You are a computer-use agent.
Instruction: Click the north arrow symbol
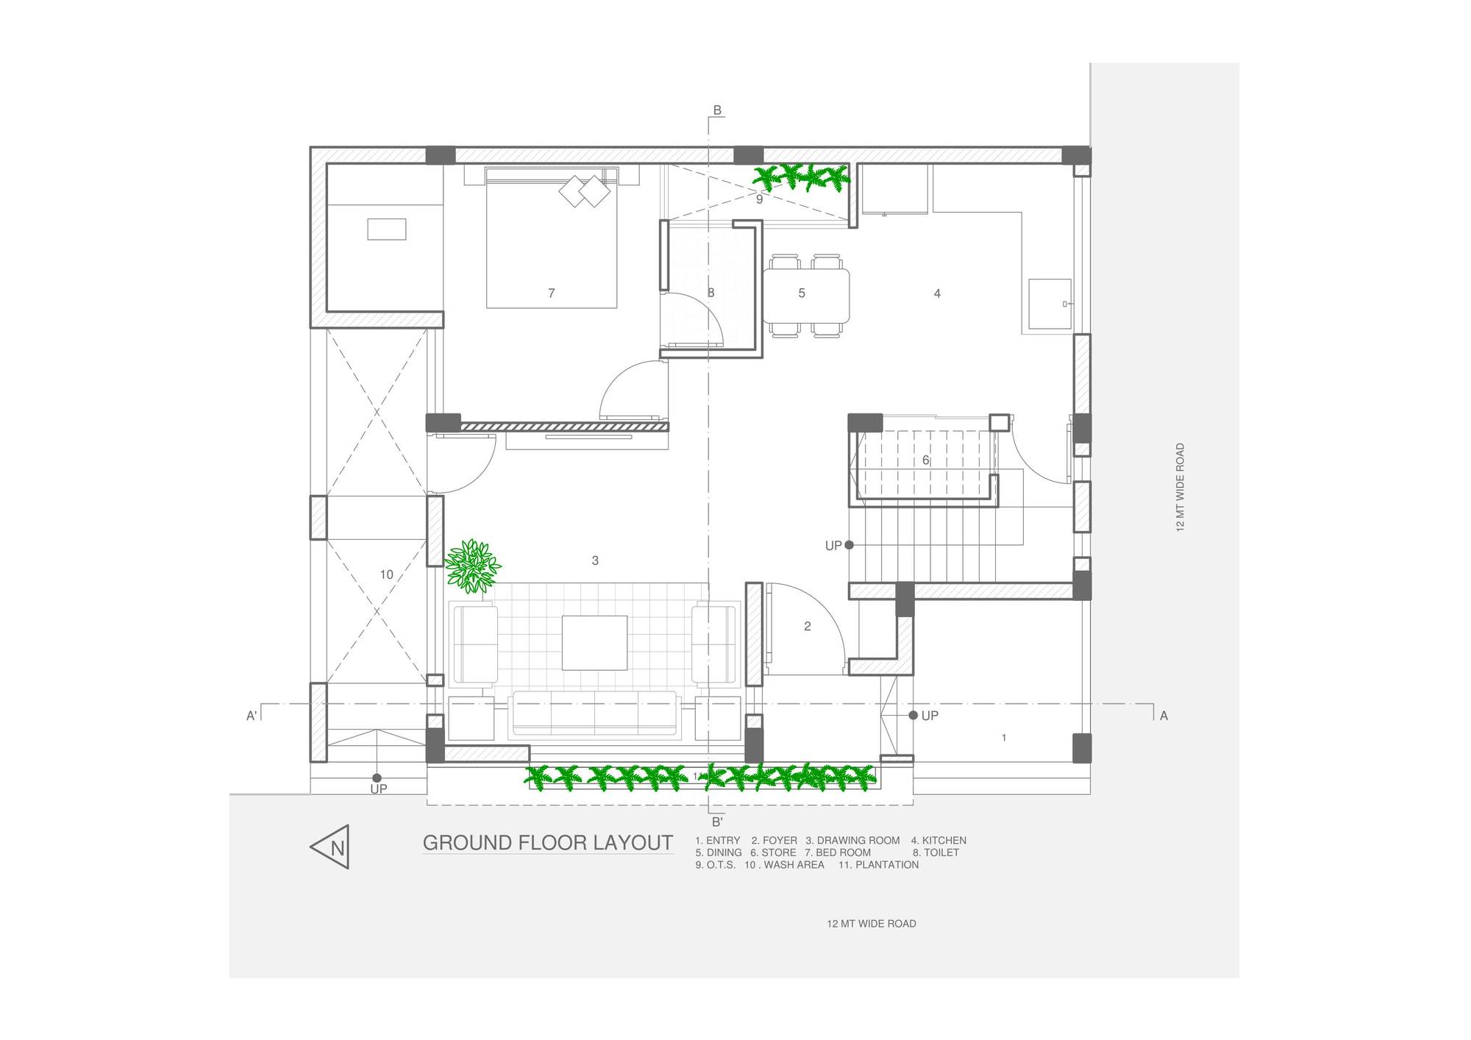tap(331, 847)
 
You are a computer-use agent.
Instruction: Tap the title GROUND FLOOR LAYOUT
tap(548, 843)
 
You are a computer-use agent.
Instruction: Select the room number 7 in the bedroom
tap(552, 293)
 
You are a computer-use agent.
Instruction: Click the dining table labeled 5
tap(805, 295)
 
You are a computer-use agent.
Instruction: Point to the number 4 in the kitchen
tap(937, 293)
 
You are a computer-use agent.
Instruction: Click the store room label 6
tap(925, 460)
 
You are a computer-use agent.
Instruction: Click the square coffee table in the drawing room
tap(594, 643)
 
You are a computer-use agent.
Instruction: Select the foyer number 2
tap(808, 627)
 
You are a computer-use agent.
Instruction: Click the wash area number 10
tap(387, 575)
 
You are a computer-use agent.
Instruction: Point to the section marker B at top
tap(717, 111)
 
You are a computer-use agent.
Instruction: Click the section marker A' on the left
tap(252, 716)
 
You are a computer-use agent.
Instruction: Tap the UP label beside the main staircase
tap(833, 546)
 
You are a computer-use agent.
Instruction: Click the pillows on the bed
tap(585, 191)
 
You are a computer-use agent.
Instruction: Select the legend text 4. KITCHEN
tap(938, 841)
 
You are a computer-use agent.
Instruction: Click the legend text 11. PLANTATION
tap(878, 865)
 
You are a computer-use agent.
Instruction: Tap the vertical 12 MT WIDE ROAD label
tap(1180, 487)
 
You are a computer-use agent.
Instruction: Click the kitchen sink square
tap(1049, 304)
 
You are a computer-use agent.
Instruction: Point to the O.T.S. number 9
tap(760, 199)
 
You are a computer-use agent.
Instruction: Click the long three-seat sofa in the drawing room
tap(594, 713)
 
